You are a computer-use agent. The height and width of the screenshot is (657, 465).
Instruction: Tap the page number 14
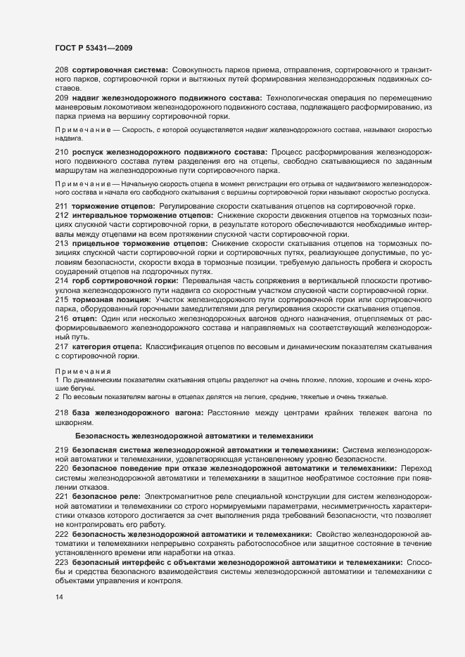(x=59, y=597)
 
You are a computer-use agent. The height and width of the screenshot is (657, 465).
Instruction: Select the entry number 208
(x=60, y=72)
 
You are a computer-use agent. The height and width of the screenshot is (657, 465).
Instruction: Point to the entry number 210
(x=60, y=152)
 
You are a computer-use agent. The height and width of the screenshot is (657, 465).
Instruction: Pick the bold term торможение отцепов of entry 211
(x=113, y=205)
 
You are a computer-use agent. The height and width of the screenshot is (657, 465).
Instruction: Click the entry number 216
(x=60, y=318)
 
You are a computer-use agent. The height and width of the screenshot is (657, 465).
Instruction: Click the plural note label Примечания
(x=82, y=371)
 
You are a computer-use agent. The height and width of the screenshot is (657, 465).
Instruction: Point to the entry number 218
(x=60, y=412)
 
